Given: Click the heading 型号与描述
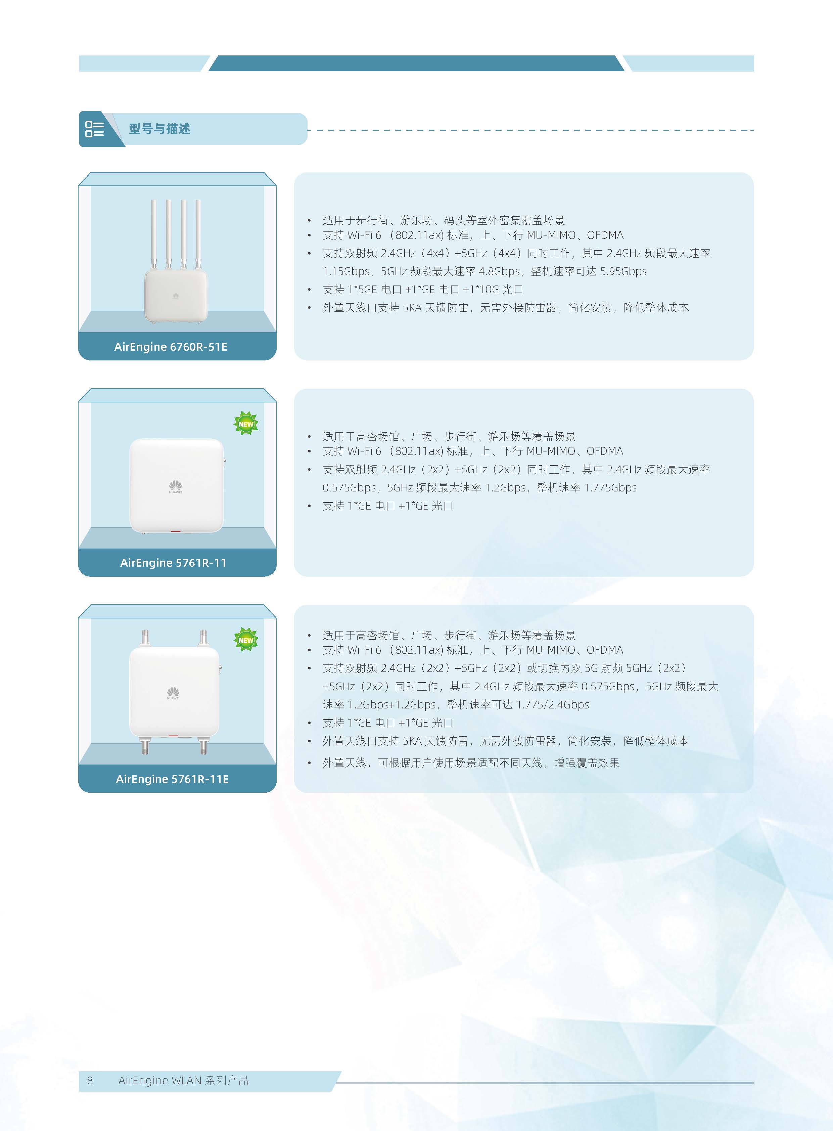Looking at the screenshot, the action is pos(159,129).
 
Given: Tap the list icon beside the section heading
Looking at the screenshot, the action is pos(94,129).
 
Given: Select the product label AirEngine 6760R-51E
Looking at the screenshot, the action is pos(171,347).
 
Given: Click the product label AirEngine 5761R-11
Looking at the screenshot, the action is pos(173,563).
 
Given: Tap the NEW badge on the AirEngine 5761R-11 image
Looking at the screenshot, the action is pos(246,424).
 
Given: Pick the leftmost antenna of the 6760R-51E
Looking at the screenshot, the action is pos(153,234).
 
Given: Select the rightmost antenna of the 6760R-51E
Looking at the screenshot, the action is pos(198,234).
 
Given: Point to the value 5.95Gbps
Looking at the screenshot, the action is pos(623,271).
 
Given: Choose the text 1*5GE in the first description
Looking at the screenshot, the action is pos(363,290).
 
